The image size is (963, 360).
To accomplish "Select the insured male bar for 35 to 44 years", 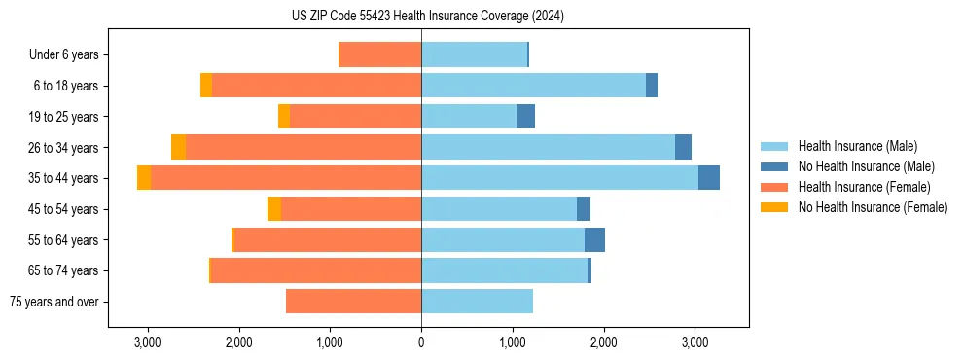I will click(x=559, y=178).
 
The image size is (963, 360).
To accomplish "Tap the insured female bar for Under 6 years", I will click(x=379, y=54).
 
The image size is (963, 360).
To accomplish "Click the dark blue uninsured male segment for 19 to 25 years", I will click(x=525, y=117).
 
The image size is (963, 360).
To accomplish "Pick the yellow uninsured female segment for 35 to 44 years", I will click(x=144, y=178).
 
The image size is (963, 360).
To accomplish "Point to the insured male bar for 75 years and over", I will click(x=477, y=302).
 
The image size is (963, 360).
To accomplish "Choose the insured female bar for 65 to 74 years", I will click(x=316, y=270).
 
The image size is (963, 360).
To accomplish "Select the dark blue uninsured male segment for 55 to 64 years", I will click(x=594, y=240).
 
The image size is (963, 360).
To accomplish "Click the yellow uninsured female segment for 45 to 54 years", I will click(x=274, y=209).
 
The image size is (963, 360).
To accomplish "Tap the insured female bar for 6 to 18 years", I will click(x=316, y=86).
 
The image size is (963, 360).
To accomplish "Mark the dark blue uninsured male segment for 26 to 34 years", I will click(x=683, y=147).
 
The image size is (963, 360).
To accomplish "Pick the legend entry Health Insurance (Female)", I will click(x=864, y=187).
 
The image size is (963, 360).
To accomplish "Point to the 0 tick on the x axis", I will click(x=421, y=342).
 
